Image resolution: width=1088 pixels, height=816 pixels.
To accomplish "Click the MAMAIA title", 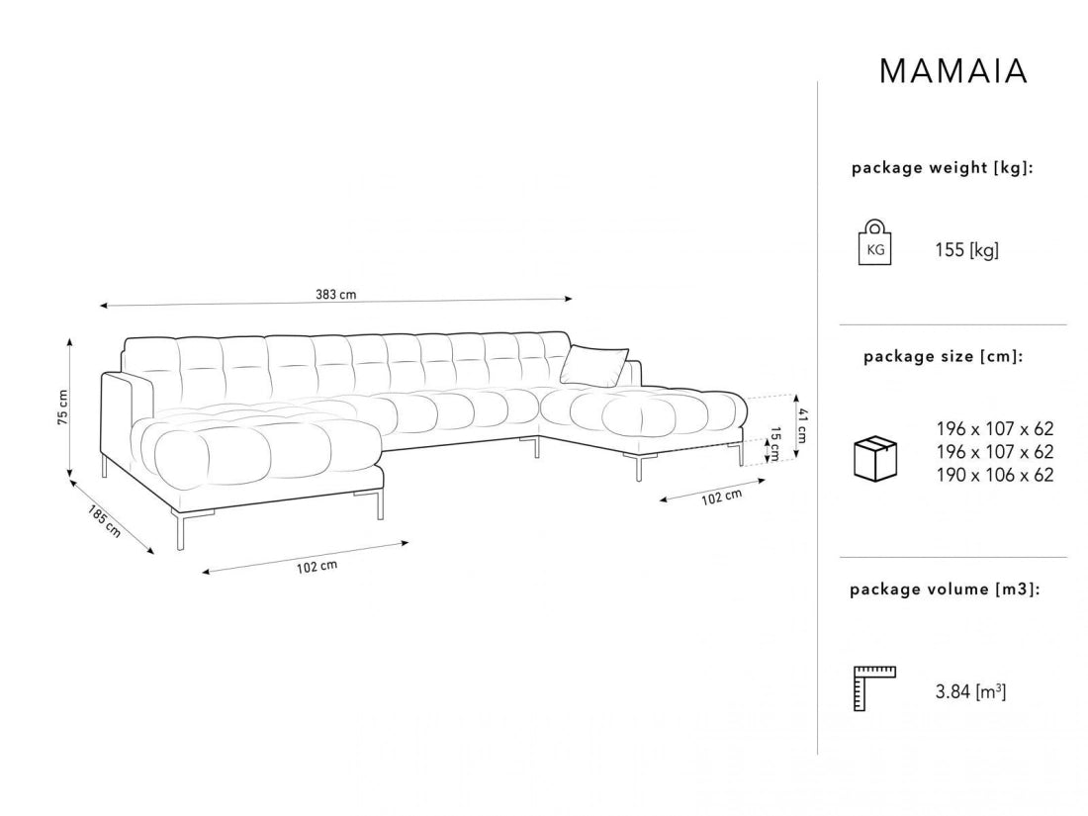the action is tap(952, 71).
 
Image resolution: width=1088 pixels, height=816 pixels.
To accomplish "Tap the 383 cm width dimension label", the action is tap(336, 294).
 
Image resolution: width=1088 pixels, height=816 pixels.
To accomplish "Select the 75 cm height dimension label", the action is tap(62, 408).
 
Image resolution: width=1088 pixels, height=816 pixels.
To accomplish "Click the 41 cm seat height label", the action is tap(803, 425).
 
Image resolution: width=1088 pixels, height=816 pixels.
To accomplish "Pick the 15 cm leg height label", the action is tap(775, 444).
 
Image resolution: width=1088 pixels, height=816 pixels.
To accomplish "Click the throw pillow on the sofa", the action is tap(594, 365).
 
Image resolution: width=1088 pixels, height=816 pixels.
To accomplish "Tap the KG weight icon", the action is tap(875, 242).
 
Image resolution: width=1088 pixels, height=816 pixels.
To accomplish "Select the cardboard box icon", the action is tap(875, 458).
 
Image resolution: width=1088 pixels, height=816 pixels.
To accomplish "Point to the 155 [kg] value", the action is tap(966, 250).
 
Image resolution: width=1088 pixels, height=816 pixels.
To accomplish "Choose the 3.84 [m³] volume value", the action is tap(970, 691).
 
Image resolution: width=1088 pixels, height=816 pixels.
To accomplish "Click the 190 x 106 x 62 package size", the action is tap(995, 475).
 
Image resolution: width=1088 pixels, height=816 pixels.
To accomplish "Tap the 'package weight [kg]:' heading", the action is tap(943, 168).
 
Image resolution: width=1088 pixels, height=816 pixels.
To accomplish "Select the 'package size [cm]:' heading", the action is tap(943, 357).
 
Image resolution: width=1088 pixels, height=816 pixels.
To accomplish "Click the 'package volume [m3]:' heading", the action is tap(945, 589).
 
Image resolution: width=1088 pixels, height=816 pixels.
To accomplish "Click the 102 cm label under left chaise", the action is tap(317, 566).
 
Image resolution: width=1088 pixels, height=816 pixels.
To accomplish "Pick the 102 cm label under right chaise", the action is tap(721, 497).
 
